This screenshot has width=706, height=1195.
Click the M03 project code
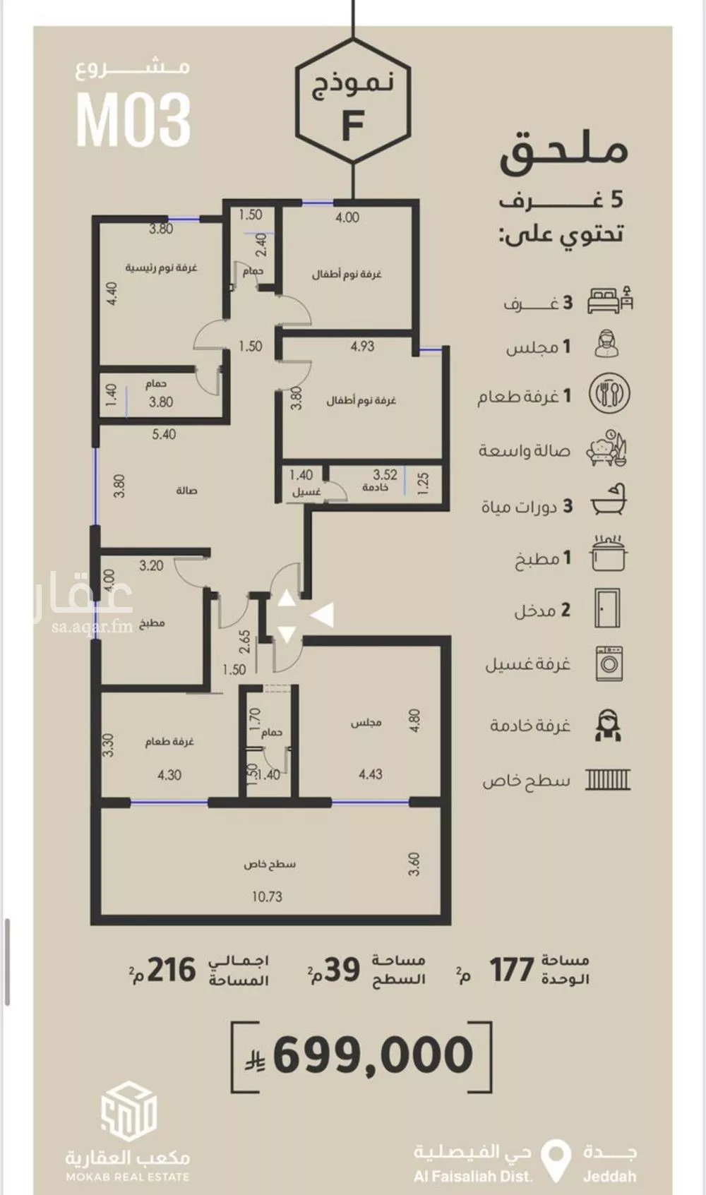pyautogui.click(x=133, y=120)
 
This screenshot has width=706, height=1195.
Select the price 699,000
pyautogui.click(x=373, y=1054)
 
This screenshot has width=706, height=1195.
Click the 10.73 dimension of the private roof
pyautogui.click(x=267, y=896)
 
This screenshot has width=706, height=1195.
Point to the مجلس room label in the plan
pyautogui.click(x=366, y=723)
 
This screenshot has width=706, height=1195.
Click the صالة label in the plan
pyautogui.click(x=186, y=491)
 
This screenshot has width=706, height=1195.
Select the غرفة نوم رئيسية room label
pyautogui.click(x=161, y=268)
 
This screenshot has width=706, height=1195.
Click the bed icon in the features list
pyautogui.click(x=610, y=300)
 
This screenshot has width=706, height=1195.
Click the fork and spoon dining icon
pyautogui.click(x=609, y=394)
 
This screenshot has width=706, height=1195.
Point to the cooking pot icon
pyautogui.click(x=608, y=553)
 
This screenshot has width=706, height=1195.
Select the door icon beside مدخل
pyautogui.click(x=607, y=608)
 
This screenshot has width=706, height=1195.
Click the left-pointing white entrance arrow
pyautogui.click(x=322, y=615)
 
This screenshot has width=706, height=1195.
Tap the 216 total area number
pyautogui.click(x=172, y=970)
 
